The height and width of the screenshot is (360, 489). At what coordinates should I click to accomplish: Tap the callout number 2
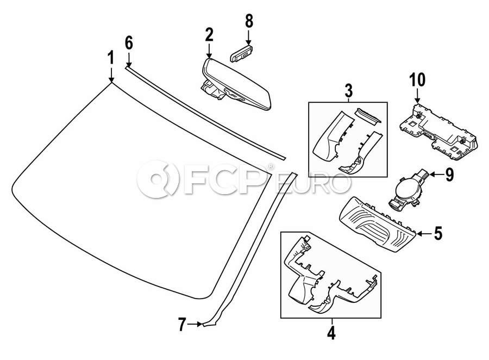[x=209, y=35]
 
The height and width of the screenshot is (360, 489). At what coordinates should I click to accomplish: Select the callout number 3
[x=348, y=91]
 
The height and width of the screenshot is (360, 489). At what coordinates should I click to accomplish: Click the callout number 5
[x=437, y=233]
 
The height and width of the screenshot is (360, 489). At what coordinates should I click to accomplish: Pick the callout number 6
[x=129, y=43]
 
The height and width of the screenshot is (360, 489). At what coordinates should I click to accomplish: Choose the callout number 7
[x=182, y=325]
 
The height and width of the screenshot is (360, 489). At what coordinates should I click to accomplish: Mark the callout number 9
[x=449, y=175]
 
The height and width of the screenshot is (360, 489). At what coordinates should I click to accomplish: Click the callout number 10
[x=418, y=80]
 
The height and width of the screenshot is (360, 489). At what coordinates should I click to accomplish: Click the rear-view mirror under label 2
[x=235, y=84]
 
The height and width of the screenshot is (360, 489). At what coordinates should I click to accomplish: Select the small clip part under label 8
[x=241, y=53]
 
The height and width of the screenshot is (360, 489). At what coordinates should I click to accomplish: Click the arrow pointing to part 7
[x=195, y=325]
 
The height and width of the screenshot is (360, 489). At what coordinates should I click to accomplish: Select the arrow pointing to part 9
[x=436, y=175]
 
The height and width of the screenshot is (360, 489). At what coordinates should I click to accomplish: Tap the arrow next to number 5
[x=424, y=233]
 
